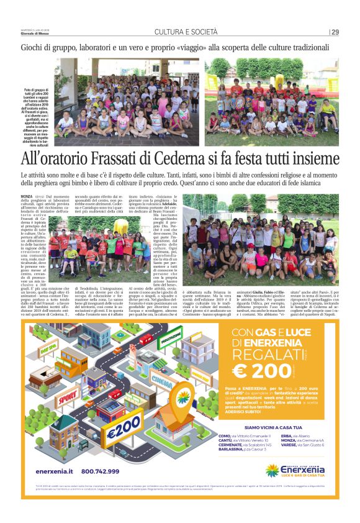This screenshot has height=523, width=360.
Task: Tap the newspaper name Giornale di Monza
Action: tap(35, 33)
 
